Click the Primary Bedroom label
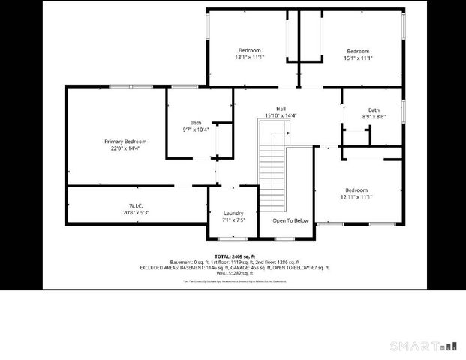point(125,142)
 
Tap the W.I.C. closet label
point(136,205)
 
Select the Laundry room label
point(233,214)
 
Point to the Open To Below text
point(290,220)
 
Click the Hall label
point(281,109)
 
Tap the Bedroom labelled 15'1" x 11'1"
point(357,51)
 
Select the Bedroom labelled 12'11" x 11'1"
point(356,190)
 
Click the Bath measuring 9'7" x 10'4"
point(196,123)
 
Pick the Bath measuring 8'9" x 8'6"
point(374,110)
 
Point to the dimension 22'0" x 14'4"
point(125,148)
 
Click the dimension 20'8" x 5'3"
point(136,212)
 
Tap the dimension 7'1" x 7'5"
point(233,220)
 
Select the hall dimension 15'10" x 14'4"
point(281,115)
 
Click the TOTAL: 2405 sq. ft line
point(235,256)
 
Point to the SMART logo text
point(415,346)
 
